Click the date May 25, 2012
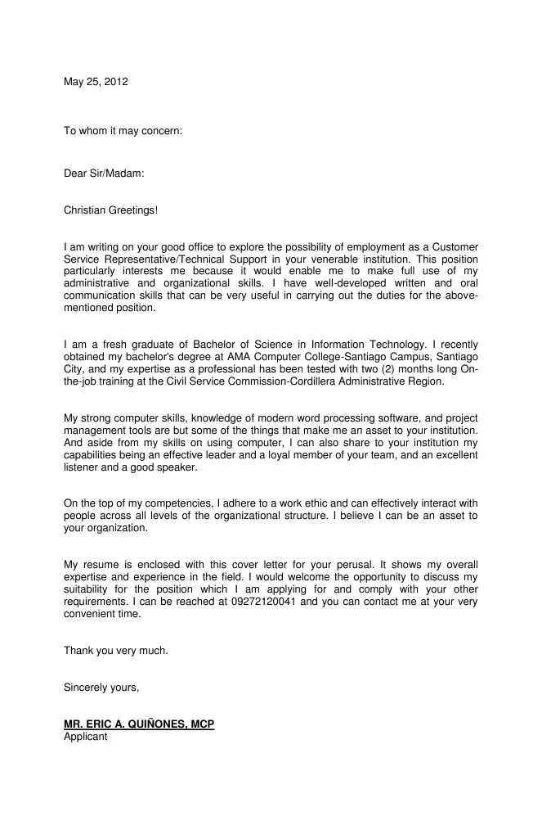(x=96, y=81)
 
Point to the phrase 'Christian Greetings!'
(x=110, y=210)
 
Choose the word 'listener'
(x=80, y=467)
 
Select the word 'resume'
(x=104, y=565)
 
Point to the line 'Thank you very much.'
(x=115, y=650)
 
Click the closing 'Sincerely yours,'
(x=101, y=687)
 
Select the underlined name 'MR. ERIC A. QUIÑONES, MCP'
(x=139, y=724)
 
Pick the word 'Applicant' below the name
(x=85, y=737)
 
